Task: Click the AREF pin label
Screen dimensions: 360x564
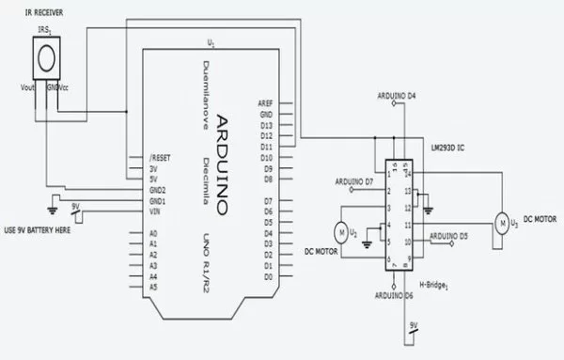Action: (x=264, y=103)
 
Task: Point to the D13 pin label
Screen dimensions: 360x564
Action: (x=267, y=124)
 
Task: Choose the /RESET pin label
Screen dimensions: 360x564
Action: (x=160, y=158)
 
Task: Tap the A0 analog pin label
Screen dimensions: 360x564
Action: (x=154, y=232)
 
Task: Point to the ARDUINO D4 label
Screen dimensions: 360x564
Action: (x=402, y=96)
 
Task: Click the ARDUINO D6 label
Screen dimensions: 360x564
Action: (x=395, y=294)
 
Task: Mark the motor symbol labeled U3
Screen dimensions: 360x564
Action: (x=502, y=222)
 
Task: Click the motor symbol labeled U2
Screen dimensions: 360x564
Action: (x=340, y=229)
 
